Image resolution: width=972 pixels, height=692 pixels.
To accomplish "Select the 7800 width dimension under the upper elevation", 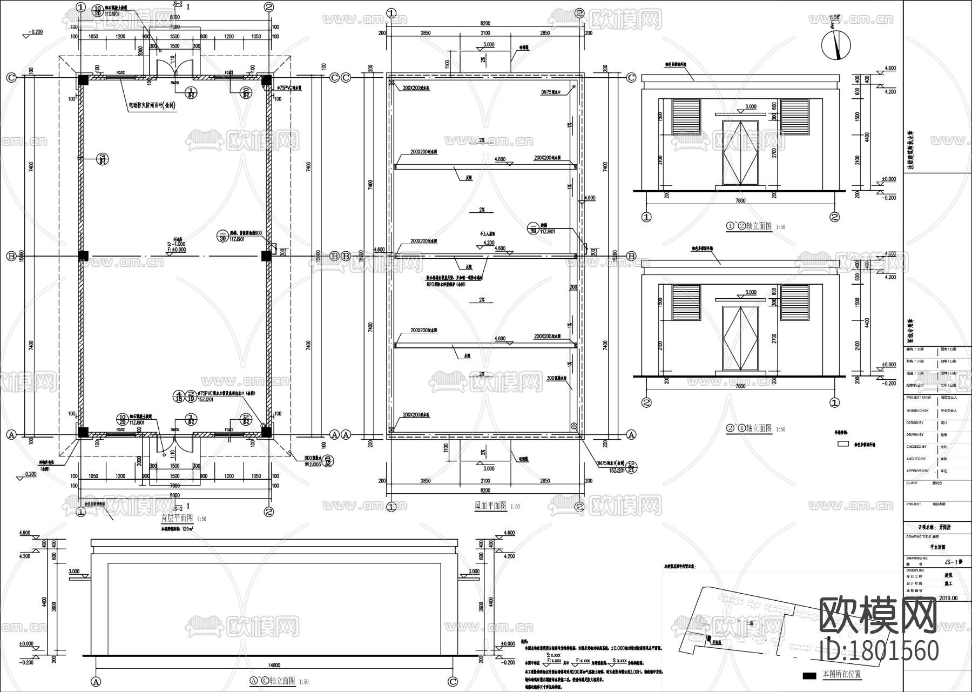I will [740, 200].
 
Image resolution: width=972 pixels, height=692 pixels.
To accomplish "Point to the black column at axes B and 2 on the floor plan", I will [266, 256].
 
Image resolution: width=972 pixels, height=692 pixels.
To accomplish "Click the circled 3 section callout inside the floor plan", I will [103, 159].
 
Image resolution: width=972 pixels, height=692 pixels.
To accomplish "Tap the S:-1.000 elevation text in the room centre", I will [177, 244].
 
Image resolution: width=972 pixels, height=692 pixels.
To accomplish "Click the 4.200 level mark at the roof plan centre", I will [488, 243].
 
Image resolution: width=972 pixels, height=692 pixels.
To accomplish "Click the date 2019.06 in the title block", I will [948, 598].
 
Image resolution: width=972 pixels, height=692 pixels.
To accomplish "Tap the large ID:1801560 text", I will [879, 651].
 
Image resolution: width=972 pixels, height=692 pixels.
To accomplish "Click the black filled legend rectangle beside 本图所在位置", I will [809, 675].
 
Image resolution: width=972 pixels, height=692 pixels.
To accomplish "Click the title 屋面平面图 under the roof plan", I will [490, 506].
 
